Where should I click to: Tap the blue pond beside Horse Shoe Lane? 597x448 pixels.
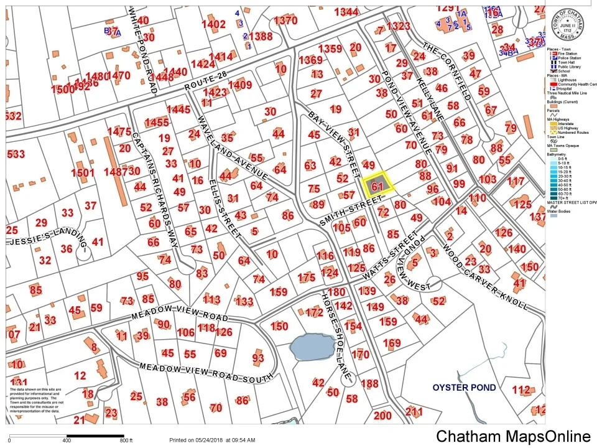coord(311,346)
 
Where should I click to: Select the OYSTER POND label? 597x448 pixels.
coord(465,388)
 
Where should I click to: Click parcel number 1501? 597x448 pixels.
coord(82,172)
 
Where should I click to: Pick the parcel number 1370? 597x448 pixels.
coord(285,21)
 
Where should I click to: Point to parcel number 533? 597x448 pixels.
coord(16,154)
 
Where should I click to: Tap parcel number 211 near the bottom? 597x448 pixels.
coord(414,411)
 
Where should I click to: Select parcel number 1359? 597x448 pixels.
coord(330,49)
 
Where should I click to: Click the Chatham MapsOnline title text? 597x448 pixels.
coord(512,436)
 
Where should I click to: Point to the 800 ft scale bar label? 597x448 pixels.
coord(127,441)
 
